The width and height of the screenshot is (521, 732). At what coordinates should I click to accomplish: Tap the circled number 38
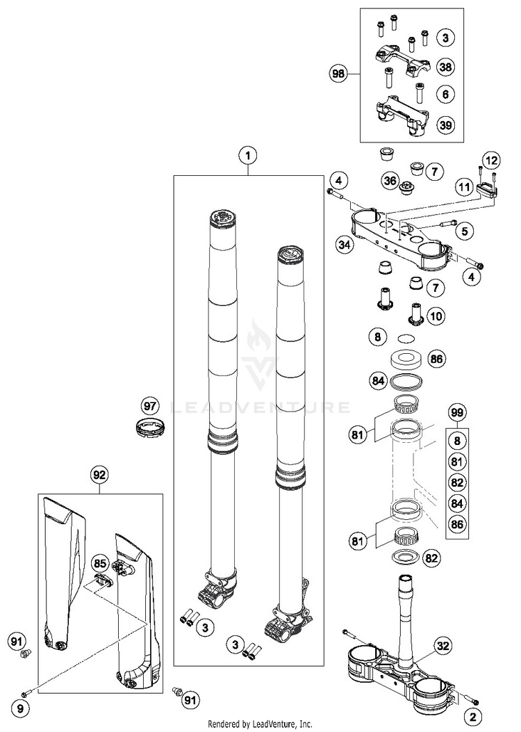coord(445,67)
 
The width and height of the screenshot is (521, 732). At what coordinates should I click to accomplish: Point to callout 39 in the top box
coord(445,124)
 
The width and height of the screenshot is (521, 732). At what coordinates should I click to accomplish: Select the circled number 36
coord(389,181)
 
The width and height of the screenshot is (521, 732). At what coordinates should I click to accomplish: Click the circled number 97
coord(150,405)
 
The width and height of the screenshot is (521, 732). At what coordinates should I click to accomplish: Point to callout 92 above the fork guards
coord(99,475)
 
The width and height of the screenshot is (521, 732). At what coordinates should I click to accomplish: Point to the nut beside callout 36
coord(408,185)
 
